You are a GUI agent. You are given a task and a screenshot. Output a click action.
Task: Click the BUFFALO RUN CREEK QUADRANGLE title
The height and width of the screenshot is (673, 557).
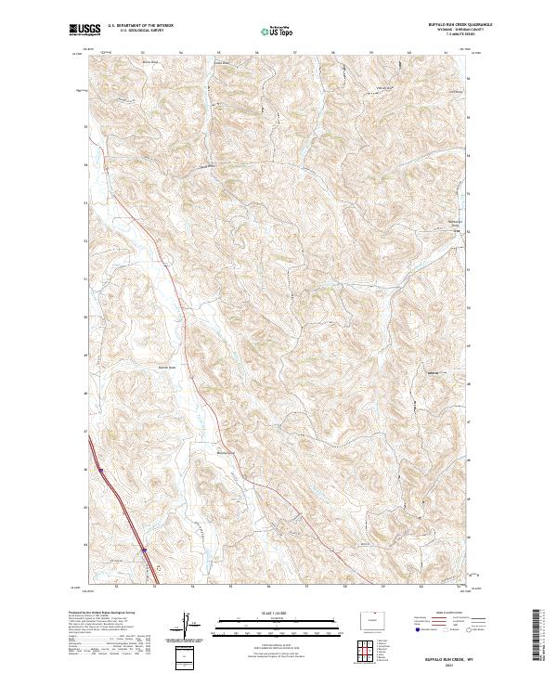click(460, 24)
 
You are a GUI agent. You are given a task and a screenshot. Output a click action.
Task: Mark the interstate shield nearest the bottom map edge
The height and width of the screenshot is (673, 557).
click(145, 550)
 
